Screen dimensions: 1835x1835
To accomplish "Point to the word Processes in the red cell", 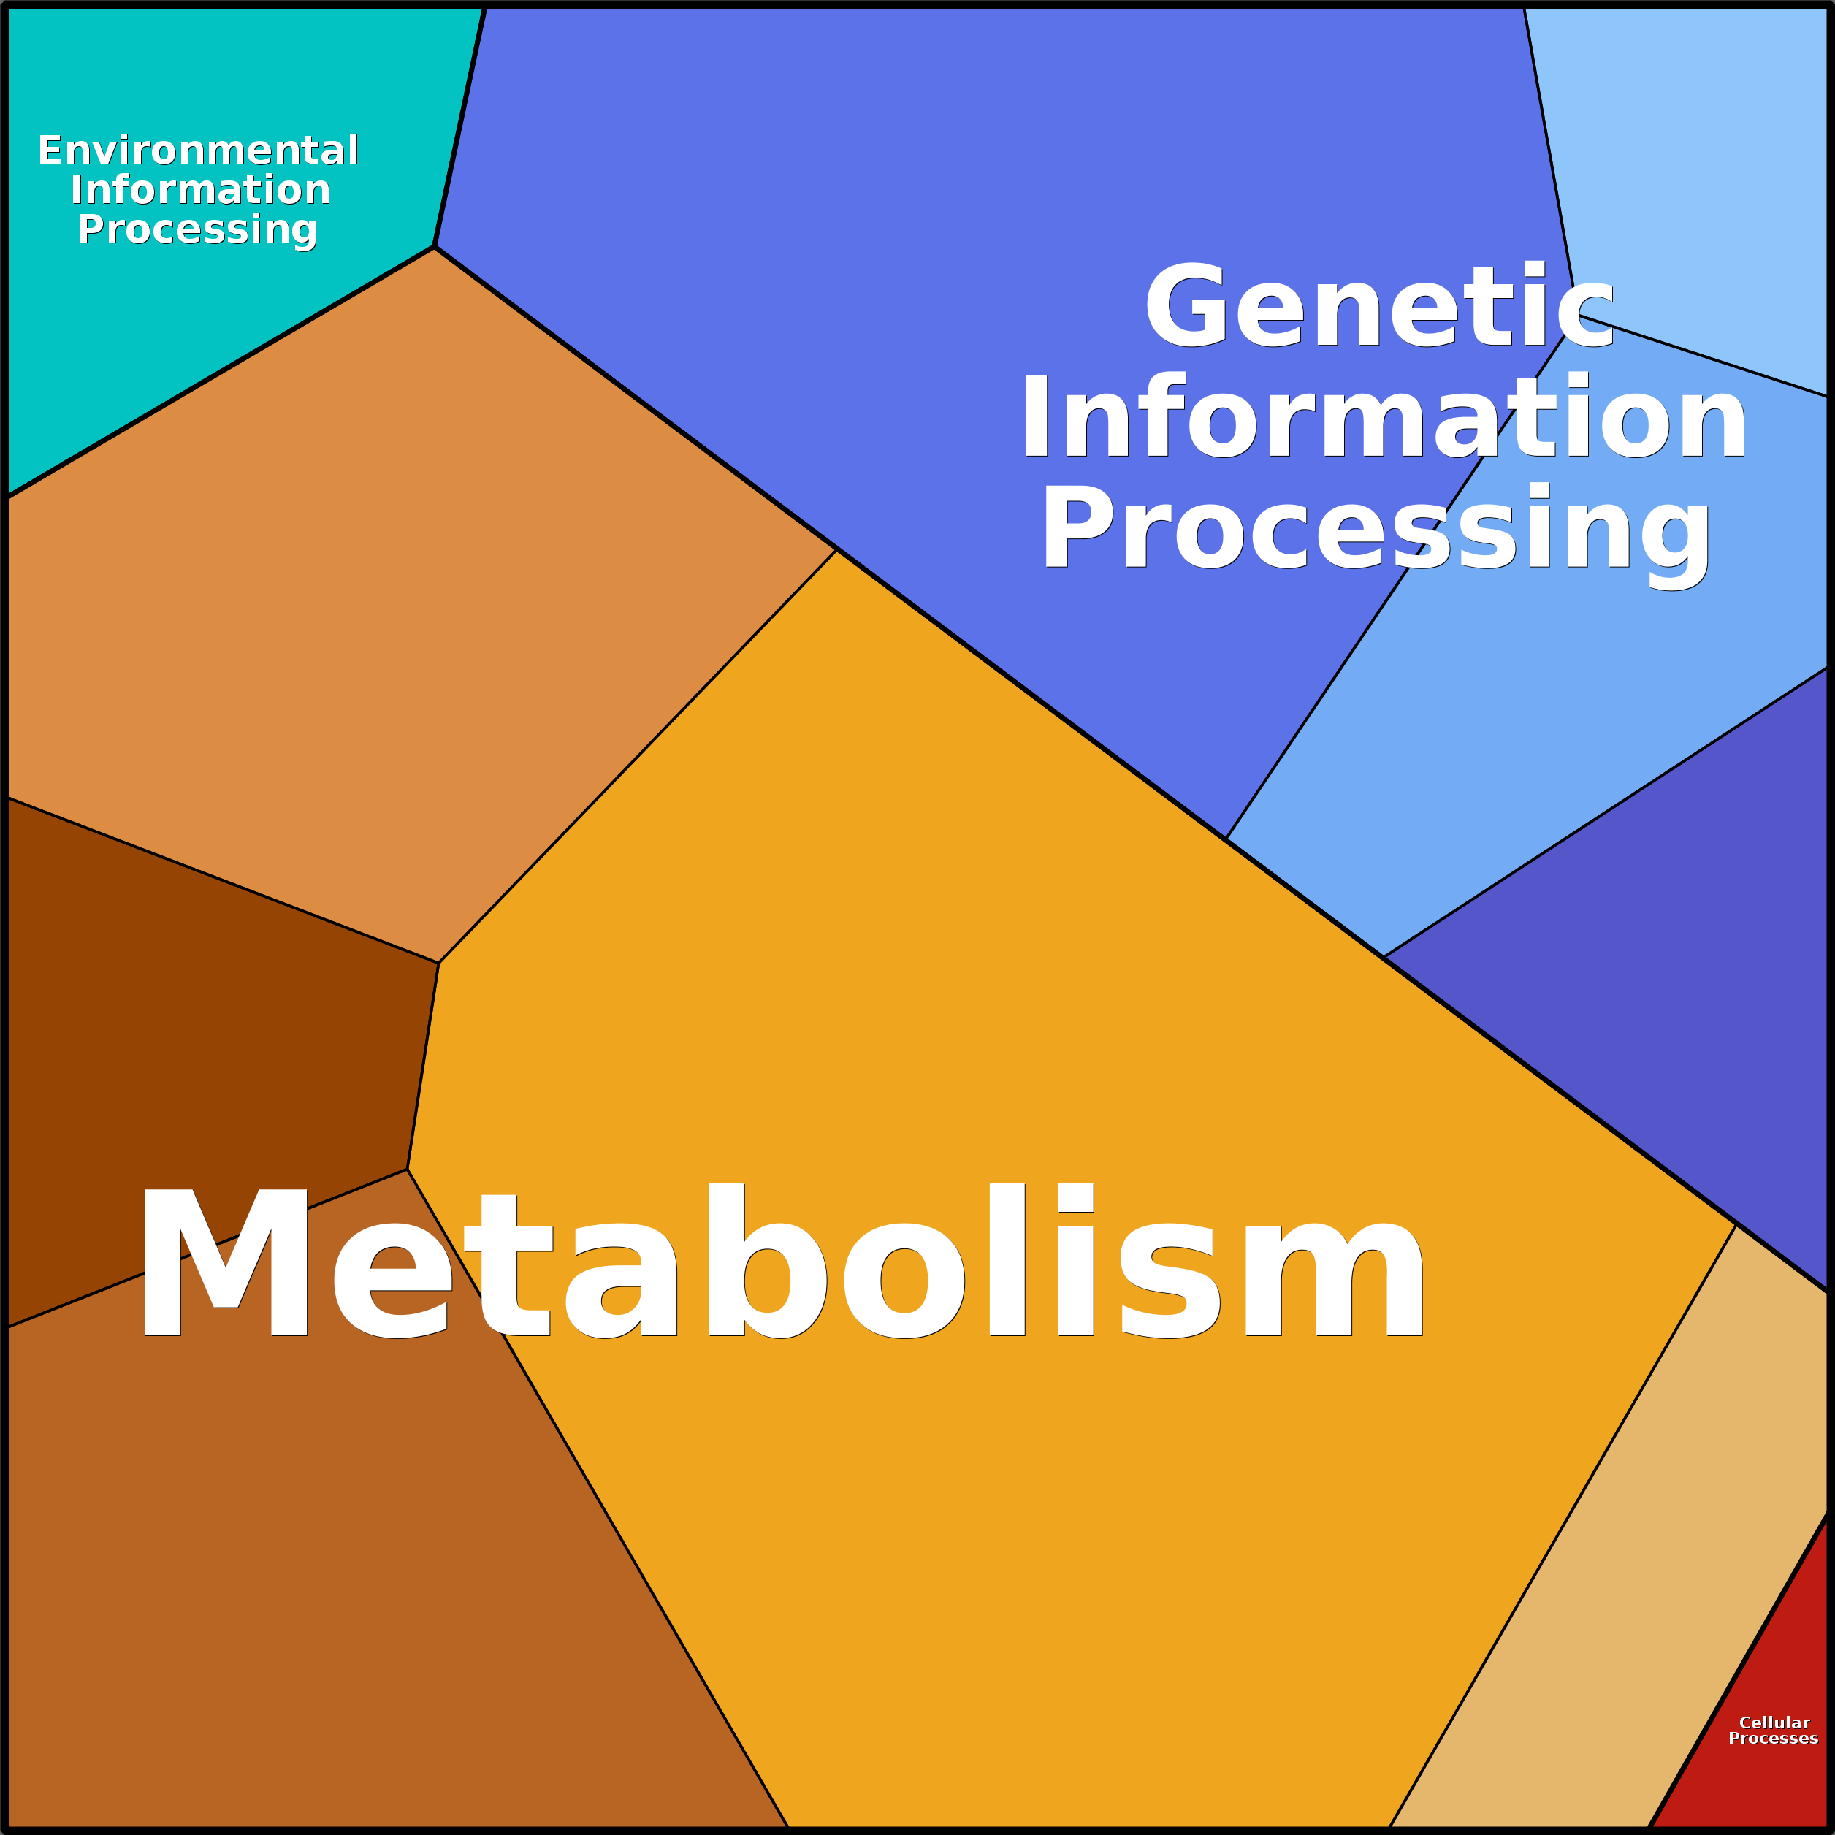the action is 1773,1738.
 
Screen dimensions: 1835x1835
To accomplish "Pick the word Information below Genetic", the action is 1384,416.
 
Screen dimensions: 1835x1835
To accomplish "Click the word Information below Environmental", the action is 200,189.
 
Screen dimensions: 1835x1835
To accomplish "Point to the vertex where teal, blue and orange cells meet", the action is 434,247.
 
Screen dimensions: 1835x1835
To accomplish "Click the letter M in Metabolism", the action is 224,1262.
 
